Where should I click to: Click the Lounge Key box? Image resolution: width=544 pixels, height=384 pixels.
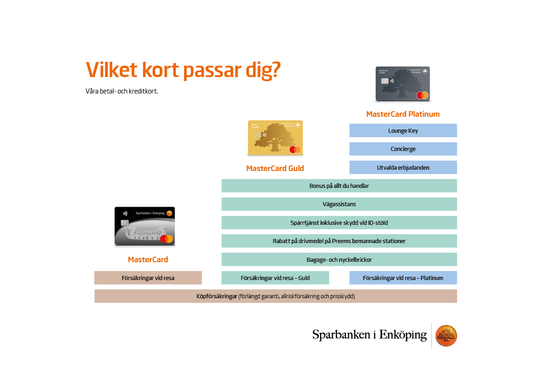(403, 130)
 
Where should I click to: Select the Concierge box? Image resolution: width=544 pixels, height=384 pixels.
(403, 149)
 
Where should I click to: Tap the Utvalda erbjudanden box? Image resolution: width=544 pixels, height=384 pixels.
(403, 167)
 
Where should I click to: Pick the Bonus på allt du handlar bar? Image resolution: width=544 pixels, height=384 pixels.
(339, 186)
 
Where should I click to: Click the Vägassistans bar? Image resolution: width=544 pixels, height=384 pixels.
(339, 204)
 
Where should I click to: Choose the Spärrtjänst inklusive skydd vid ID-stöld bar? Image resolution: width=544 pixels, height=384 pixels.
(339, 223)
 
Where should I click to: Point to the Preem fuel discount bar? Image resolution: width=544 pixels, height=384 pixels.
(339, 241)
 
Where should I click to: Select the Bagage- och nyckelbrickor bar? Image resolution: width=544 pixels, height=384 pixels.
(339, 259)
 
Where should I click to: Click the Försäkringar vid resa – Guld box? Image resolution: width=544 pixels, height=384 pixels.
(275, 278)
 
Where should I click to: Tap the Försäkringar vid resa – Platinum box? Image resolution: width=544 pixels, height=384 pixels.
(403, 278)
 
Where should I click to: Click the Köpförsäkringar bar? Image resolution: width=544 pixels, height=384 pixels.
(275, 296)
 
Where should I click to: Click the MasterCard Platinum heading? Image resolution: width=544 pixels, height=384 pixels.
(403, 114)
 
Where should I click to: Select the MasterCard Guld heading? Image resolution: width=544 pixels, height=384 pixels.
(275, 168)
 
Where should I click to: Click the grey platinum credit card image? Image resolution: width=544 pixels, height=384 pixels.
(403, 84)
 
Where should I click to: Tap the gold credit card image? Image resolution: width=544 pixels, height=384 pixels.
(275, 137)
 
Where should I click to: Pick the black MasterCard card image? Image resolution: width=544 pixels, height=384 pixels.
(144, 226)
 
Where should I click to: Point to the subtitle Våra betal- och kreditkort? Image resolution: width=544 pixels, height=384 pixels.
(121, 91)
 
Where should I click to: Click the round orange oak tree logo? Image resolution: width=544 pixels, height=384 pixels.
(446, 336)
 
